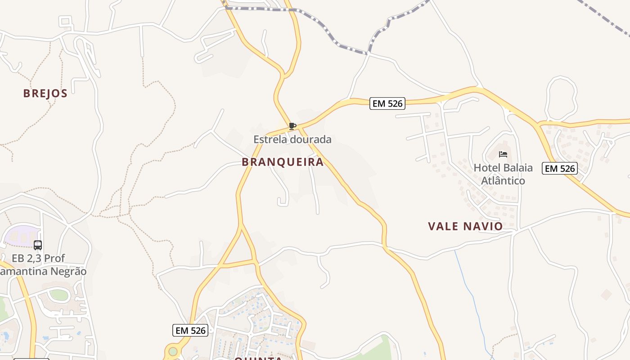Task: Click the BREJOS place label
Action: tap(45, 94)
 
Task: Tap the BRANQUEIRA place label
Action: tap(283, 162)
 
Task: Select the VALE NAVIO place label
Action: tap(465, 226)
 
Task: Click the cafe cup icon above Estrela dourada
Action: tap(292, 126)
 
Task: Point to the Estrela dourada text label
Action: tap(292, 139)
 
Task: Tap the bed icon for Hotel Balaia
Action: tap(503, 154)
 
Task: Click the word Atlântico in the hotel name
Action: tap(503, 181)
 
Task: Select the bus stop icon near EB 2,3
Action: tap(38, 245)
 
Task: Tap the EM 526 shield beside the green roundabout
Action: tap(190, 330)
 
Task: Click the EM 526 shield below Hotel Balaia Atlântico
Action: tap(559, 168)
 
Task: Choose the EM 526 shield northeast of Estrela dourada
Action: tap(387, 103)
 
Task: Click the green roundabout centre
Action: tap(173, 351)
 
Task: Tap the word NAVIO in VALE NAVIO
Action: tap(483, 226)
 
